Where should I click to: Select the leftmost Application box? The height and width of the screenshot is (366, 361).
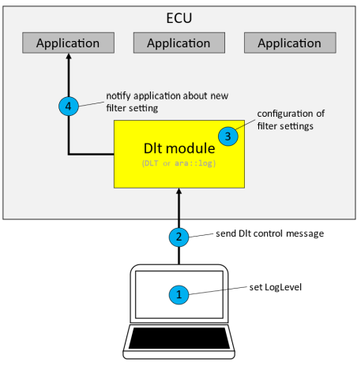click(x=68, y=43)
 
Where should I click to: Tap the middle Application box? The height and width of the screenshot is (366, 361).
click(x=179, y=43)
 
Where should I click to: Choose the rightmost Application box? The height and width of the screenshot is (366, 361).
click(x=288, y=43)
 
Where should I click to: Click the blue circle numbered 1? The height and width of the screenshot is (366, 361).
click(x=180, y=294)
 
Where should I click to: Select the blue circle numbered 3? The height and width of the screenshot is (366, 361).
click(x=229, y=136)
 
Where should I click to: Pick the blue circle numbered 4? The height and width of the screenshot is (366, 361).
click(x=68, y=105)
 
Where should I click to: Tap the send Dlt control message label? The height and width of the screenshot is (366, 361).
click(x=269, y=234)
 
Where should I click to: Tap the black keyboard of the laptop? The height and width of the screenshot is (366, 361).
click(x=180, y=339)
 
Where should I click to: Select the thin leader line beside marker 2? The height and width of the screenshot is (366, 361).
click(x=201, y=235)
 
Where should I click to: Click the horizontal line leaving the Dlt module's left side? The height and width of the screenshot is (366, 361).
click(x=91, y=154)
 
